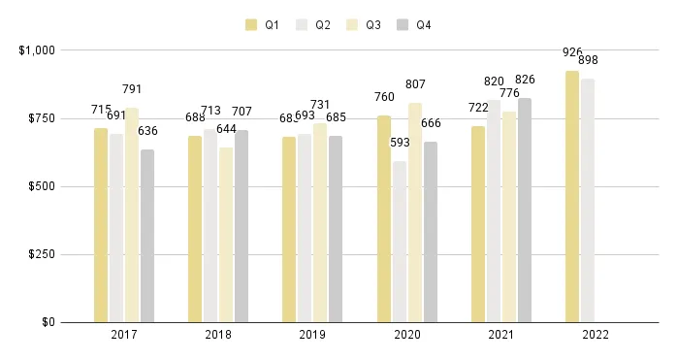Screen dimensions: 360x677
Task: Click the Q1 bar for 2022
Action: [572, 196]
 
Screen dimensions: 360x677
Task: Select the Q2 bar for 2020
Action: [400, 242]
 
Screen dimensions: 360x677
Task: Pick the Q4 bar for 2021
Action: [525, 210]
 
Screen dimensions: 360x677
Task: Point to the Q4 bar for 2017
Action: [147, 236]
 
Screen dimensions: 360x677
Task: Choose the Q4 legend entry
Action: [414, 24]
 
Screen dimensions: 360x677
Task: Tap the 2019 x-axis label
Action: [312, 336]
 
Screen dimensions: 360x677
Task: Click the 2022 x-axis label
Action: [596, 336]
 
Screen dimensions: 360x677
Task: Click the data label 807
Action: [415, 84]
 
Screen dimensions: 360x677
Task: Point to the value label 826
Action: [525, 80]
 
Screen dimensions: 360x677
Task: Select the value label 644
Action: [226, 129]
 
